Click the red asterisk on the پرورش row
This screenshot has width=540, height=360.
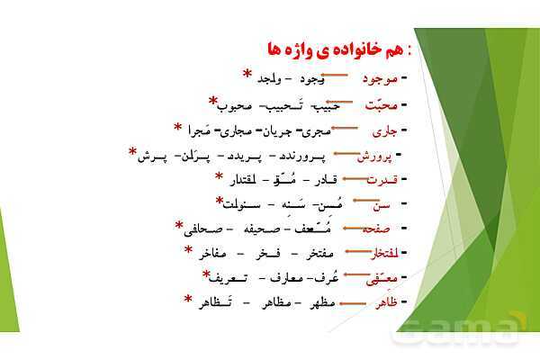click(133, 150)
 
